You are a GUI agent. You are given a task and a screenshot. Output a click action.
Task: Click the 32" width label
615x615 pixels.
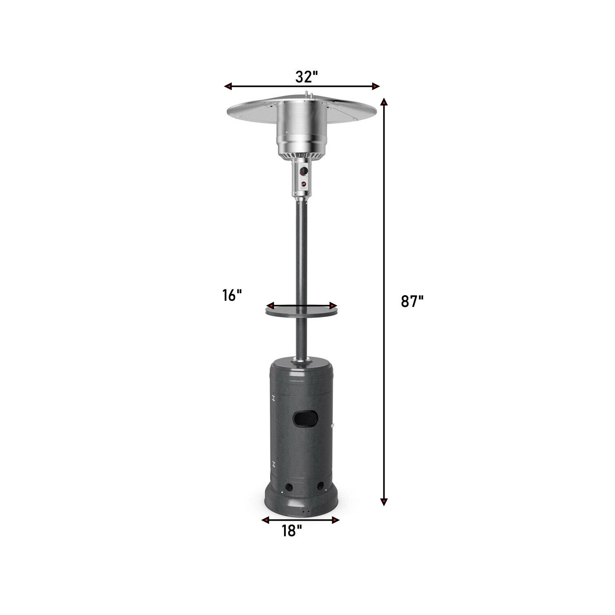pyautogui.click(x=307, y=77)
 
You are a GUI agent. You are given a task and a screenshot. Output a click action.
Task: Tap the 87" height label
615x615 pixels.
pyautogui.click(x=412, y=301)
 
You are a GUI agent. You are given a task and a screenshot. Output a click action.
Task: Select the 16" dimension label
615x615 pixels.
pyautogui.click(x=232, y=295)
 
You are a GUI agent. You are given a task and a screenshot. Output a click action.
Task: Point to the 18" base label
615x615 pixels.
pyautogui.click(x=292, y=531)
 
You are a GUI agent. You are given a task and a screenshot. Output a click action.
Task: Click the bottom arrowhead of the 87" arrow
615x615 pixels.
pyautogui.click(x=384, y=501)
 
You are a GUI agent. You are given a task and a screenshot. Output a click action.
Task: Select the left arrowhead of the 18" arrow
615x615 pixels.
pyautogui.click(x=266, y=520)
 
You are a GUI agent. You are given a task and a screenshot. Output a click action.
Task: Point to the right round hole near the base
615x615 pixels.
pyautogui.click(x=321, y=486)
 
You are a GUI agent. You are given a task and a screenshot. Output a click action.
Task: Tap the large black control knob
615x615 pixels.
pyautogui.click(x=303, y=171)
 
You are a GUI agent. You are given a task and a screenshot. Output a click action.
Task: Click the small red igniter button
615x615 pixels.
pyautogui.click(x=304, y=184)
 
